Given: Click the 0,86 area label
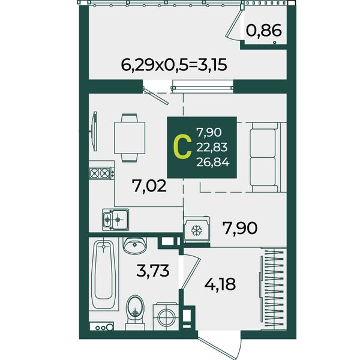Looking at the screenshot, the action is pyautogui.click(x=263, y=31).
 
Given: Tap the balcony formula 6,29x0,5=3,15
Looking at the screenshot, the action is pyautogui.click(x=174, y=65).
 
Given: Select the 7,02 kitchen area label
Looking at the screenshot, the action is pyautogui.click(x=149, y=186).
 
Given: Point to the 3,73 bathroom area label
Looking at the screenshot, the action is pyautogui.click(x=152, y=271).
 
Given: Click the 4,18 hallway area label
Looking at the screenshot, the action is pyautogui.click(x=220, y=284).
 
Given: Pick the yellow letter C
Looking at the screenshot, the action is pyautogui.click(x=182, y=147).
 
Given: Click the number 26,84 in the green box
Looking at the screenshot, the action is pyautogui.click(x=213, y=163).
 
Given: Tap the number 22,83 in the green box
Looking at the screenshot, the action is pyautogui.click(x=212, y=147).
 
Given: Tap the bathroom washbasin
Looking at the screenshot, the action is pyautogui.click(x=135, y=245).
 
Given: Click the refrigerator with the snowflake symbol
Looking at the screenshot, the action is pyautogui.click(x=197, y=230).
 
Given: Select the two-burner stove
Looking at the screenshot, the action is pyautogui.click(x=101, y=173).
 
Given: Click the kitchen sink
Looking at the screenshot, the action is pyautogui.click(x=115, y=220).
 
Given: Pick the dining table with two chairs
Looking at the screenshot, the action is pyautogui.click(x=130, y=138).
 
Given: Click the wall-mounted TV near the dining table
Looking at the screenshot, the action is pyautogui.click(x=94, y=131).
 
